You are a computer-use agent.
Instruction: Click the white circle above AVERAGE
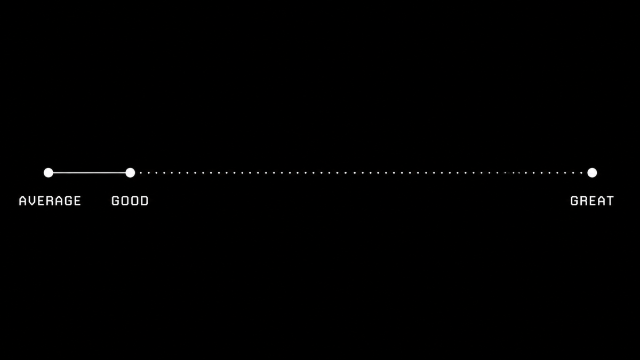click(49, 173)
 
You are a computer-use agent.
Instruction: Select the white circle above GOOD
click(130, 173)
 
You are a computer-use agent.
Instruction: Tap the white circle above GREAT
click(592, 173)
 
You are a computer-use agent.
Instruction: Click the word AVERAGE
click(50, 201)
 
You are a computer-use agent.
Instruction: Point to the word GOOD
click(130, 201)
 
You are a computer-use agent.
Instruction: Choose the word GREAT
click(592, 201)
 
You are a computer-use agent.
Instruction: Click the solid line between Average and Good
click(90, 173)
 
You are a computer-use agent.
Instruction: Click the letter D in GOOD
click(145, 201)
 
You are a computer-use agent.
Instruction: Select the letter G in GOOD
click(115, 201)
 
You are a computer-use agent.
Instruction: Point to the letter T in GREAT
click(610, 201)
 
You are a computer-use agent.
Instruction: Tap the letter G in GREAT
click(574, 201)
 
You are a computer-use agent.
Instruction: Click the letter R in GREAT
click(583, 201)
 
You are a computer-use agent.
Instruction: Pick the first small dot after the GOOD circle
click(141, 173)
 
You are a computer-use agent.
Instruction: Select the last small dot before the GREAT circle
click(581, 173)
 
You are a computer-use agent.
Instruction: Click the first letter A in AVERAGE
click(22, 201)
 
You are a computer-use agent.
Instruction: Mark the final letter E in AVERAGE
click(78, 201)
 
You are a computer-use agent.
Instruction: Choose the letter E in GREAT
click(592, 201)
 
